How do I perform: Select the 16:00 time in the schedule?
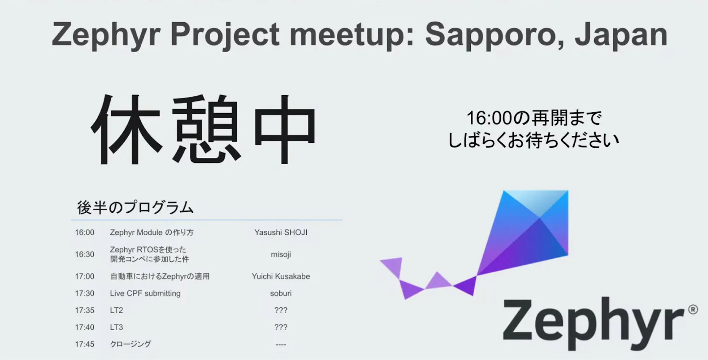point(85,233)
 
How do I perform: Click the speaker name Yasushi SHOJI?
point(281,233)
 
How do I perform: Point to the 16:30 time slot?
point(85,255)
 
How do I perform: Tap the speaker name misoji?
point(281,255)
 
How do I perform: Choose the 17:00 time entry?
point(85,276)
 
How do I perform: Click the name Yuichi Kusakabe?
point(281,276)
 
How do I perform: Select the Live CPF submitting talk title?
point(145,294)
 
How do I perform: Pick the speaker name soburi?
point(281,294)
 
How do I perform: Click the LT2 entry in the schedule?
point(116,310)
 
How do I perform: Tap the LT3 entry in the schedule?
point(116,327)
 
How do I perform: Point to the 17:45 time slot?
point(85,344)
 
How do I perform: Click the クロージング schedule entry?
point(131,344)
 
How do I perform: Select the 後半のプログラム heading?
point(135,208)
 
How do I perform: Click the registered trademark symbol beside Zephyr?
point(693,310)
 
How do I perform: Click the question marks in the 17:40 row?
point(281,327)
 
